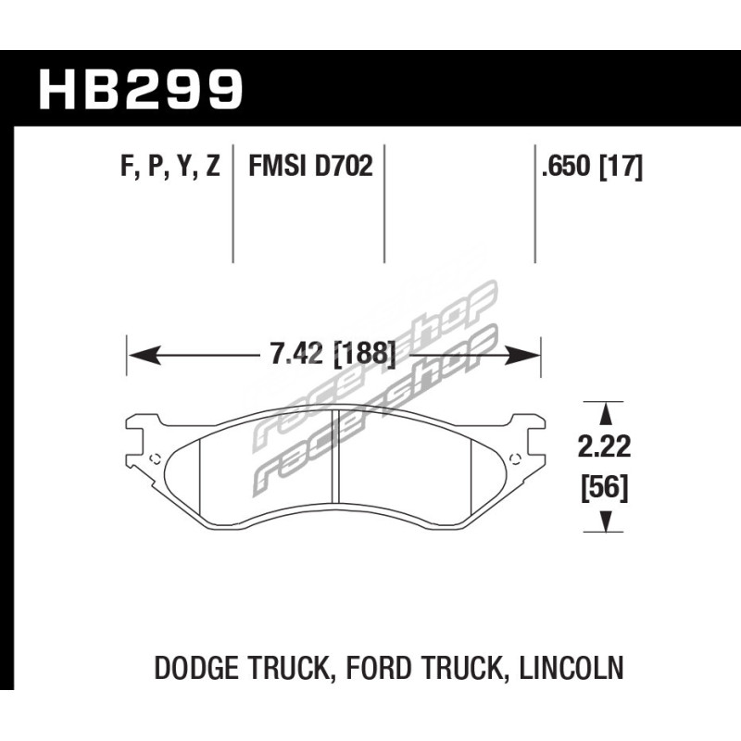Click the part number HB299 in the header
[x=141, y=89]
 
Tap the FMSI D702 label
[x=310, y=166]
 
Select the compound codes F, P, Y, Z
[x=170, y=167]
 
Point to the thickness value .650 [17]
[x=592, y=167]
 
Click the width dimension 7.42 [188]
[x=333, y=354]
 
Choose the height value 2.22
[x=604, y=446]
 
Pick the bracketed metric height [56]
[x=605, y=489]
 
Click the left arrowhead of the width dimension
[x=144, y=355]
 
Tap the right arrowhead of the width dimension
[x=522, y=355]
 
